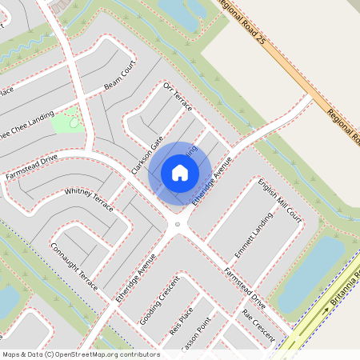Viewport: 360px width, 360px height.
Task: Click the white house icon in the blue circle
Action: point(180,173)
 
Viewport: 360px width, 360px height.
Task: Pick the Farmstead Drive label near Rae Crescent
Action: point(244,289)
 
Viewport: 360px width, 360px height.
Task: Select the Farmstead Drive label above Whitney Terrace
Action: point(33,166)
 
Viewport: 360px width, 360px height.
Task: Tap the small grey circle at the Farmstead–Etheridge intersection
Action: point(178,225)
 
